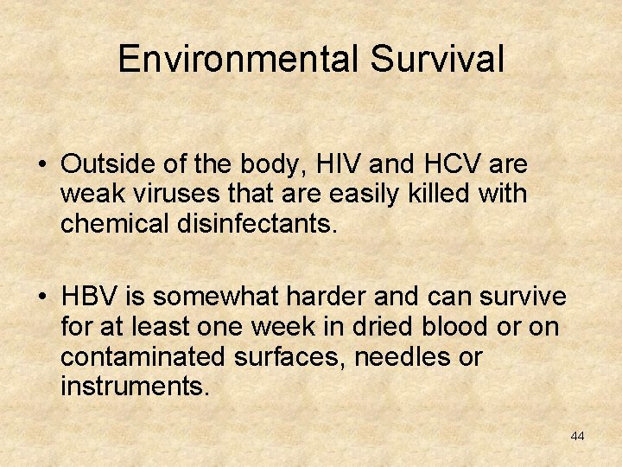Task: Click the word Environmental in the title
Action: [x=238, y=59]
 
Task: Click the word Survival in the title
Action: [x=437, y=59]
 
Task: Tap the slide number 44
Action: [x=577, y=436]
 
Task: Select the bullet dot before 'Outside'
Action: [x=42, y=164]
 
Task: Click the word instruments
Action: [x=135, y=386]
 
